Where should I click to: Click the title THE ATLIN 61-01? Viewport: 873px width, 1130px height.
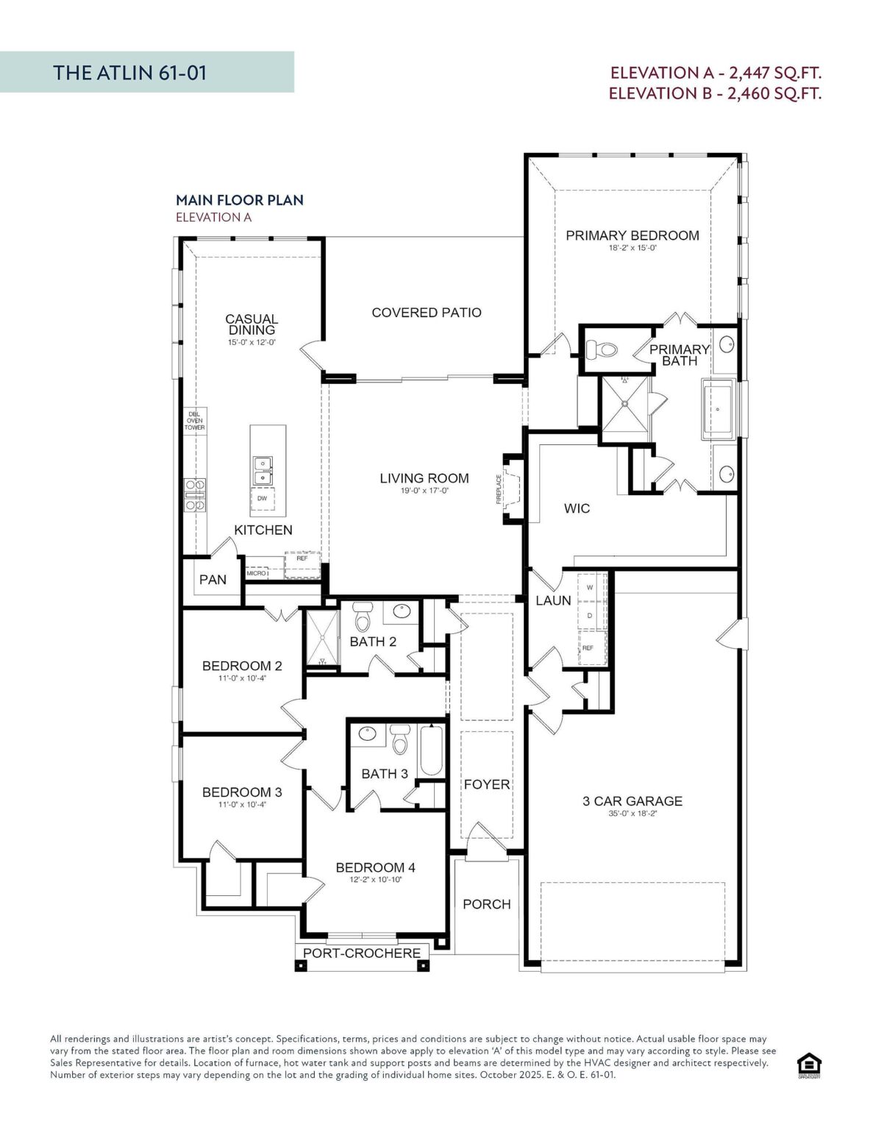click(x=130, y=73)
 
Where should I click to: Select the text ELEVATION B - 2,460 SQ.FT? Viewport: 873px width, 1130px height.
click(x=715, y=93)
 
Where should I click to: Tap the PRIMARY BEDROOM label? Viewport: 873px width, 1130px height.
click(x=633, y=235)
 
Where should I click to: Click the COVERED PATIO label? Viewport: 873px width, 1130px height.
click(x=427, y=313)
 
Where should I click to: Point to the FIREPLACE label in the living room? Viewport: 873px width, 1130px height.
click(x=499, y=489)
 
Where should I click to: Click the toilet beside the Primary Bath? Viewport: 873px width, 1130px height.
click(x=602, y=349)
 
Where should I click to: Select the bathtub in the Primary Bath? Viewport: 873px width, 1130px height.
click(x=718, y=410)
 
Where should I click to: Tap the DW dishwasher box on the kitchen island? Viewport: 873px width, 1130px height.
click(x=263, y=498)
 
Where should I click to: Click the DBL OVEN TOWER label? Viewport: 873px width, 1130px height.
click(x=195, y=421)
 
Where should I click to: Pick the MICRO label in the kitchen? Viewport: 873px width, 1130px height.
click(x=256, y=573)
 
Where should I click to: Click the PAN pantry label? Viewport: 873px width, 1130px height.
click(x=213, y=580)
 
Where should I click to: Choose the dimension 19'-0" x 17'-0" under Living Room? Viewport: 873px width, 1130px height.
click(x=424, y=491)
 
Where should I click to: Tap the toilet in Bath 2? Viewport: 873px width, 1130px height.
click(x=362, y=616)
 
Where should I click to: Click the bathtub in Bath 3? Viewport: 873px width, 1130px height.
click(x=431, y=751)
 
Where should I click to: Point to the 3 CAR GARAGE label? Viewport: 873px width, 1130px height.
click(x=633, y=801)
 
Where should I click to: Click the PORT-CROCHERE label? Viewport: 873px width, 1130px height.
click(x=362, y=953)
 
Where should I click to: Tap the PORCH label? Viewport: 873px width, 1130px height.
click(x=487, y=904)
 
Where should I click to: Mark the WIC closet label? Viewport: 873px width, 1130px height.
click(x=577, y=508)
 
